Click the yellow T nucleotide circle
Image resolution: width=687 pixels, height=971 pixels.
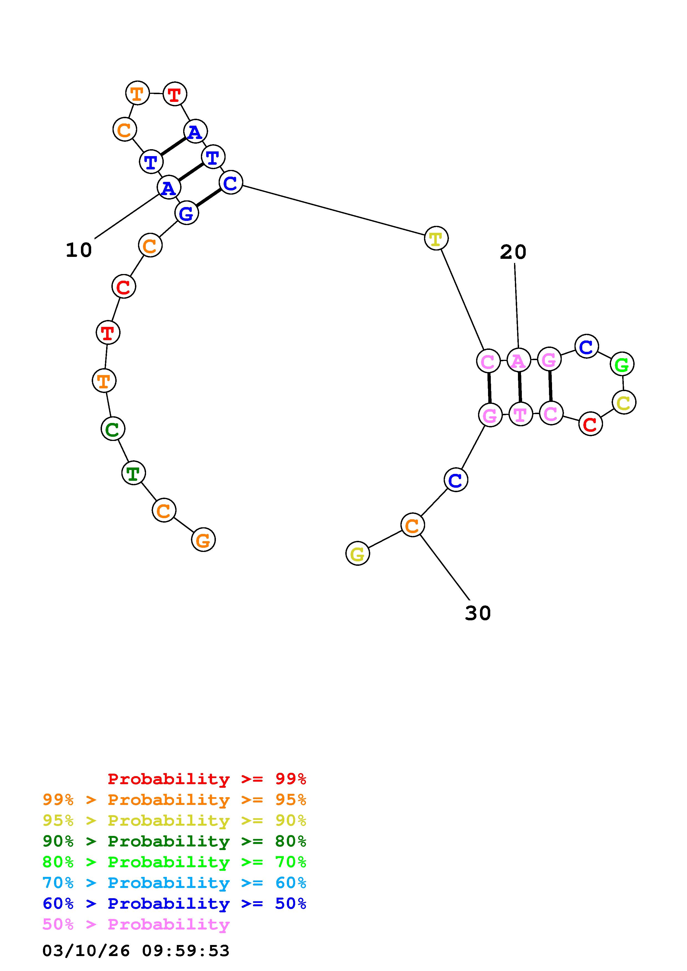point(436,239)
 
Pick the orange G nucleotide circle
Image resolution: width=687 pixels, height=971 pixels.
point(203,540)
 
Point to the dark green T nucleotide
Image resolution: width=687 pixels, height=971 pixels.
point(133,473)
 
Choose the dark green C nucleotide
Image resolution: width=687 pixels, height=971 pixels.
point(113,429)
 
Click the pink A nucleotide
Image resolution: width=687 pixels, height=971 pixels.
point(519,360)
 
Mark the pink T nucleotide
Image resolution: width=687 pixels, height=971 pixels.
point(520,414)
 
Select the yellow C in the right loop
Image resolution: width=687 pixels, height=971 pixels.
point(624,402)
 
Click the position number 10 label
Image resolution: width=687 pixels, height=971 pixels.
point(79,251)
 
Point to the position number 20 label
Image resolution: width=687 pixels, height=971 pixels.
point(513,252)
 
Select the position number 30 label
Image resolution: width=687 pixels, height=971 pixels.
point(478,613)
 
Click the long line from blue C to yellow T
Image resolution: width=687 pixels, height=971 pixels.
point(333,211)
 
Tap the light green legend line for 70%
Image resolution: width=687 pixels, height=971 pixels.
point(174,862)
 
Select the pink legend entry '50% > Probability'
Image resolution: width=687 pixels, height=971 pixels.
point(136,924)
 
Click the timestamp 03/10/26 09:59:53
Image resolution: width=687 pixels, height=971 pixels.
point(136,951)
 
